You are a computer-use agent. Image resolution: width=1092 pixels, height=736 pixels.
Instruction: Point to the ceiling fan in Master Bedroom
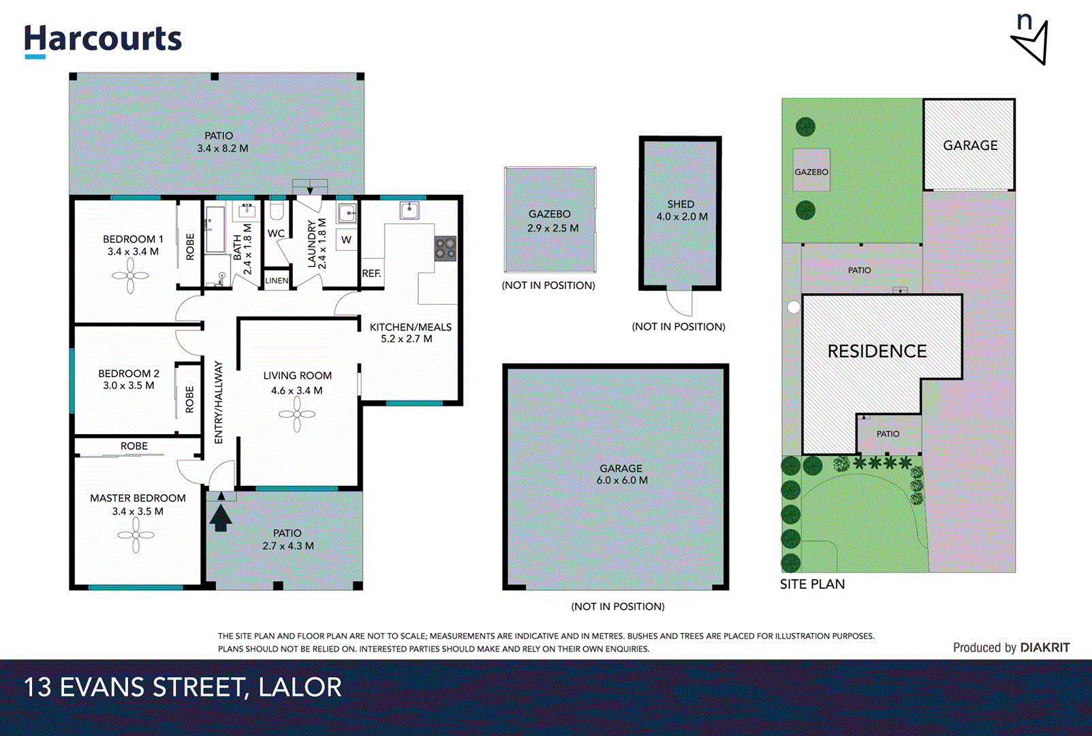(136, 536)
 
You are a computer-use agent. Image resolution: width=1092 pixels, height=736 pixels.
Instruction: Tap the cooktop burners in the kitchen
(446, 249)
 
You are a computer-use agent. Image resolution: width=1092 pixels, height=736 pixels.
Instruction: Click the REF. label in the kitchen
(371, 273)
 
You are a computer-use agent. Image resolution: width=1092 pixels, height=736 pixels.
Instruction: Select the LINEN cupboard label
(277, 280)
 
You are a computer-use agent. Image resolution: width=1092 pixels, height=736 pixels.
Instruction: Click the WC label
(276, 233)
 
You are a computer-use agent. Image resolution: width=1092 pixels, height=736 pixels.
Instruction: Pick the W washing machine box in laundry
(346, 240)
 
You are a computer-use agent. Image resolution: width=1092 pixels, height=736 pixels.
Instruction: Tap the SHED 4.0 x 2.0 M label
(681, 210)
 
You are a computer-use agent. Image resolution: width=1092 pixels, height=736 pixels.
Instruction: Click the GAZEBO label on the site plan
(811, 172)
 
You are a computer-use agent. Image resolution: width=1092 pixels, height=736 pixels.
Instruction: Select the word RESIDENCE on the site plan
(877, 351)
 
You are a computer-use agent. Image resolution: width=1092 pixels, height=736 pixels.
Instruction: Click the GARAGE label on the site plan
(970, 145)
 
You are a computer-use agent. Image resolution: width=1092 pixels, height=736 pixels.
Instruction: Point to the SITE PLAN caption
(812, 584)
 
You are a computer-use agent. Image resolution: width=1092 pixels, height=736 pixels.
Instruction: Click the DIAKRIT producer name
(1045, 647)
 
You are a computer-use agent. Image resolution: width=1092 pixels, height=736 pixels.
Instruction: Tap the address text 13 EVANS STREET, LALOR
(183, 687)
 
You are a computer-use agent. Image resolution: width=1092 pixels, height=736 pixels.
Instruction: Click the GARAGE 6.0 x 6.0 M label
(621, 474)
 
